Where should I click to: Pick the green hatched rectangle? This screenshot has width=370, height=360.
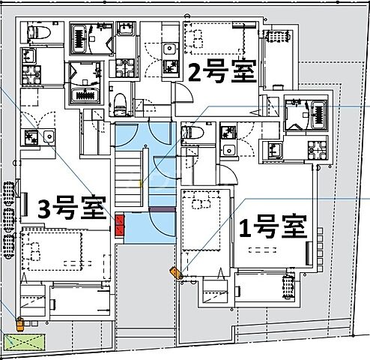coord(24,341)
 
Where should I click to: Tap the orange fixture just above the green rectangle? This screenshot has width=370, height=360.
coord(20,325)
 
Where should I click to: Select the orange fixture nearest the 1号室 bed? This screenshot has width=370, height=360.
coord(178,274)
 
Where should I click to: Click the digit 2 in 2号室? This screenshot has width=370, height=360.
coord(195,73)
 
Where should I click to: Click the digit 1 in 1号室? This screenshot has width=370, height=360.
coord(244,226)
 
